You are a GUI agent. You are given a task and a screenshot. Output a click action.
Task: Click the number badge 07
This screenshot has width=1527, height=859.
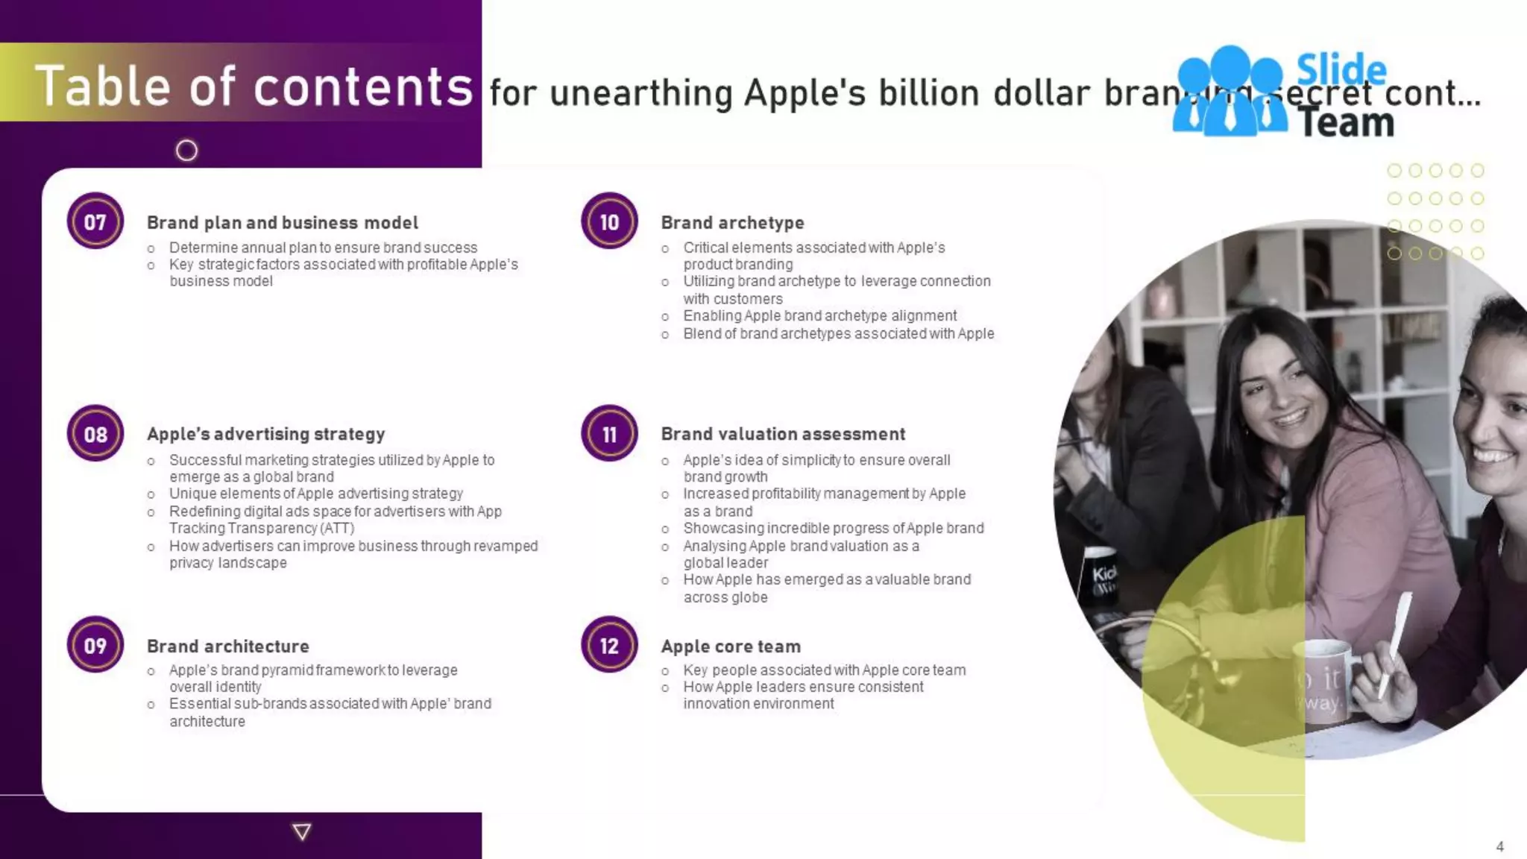coord(95,221)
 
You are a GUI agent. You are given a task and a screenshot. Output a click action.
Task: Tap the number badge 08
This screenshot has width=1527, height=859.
coord(95,434)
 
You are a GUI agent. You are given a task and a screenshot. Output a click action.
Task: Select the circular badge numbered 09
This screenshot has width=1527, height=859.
coord(95,645)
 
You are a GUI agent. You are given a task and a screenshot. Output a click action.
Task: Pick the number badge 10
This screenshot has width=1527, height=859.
coord(609,221)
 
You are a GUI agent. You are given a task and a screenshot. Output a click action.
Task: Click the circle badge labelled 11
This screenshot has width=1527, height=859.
coord(609,434)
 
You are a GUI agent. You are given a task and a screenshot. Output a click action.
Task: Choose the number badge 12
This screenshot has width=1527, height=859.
coord(609,645)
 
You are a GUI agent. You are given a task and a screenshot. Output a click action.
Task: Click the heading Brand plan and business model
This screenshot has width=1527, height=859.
coord(282,222)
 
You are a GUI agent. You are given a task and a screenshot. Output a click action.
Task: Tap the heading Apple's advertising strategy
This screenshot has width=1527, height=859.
coord(265,434)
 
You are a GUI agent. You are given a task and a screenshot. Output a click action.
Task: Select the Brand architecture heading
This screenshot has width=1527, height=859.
coord(227,646)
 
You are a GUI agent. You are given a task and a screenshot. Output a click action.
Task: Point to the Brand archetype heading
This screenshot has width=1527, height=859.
coord(732,222)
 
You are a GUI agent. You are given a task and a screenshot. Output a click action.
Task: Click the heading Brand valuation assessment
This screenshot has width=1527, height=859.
coord(783,434)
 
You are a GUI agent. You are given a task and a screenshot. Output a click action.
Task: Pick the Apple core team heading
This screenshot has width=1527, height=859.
coord(731,646)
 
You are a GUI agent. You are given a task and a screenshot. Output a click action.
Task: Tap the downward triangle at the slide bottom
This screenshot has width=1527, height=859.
coord(302,831)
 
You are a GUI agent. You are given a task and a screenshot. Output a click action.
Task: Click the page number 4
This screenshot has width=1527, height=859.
coord(1499,846)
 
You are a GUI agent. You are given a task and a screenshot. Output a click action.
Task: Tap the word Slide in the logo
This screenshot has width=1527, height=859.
coord(1341,70)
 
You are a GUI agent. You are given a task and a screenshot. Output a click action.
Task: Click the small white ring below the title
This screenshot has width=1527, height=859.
coord(186,151)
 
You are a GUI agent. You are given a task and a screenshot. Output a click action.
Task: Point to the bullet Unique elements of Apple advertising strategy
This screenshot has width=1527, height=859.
coord(315,494)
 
